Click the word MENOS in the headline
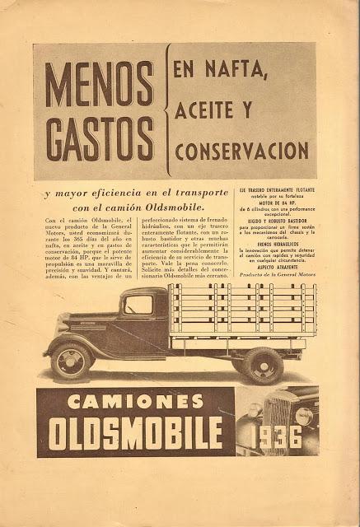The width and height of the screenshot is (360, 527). click(x=100, y=85)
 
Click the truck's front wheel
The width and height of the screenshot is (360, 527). click(x=71, y=361)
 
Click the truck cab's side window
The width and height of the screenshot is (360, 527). click(x=138, y=305)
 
